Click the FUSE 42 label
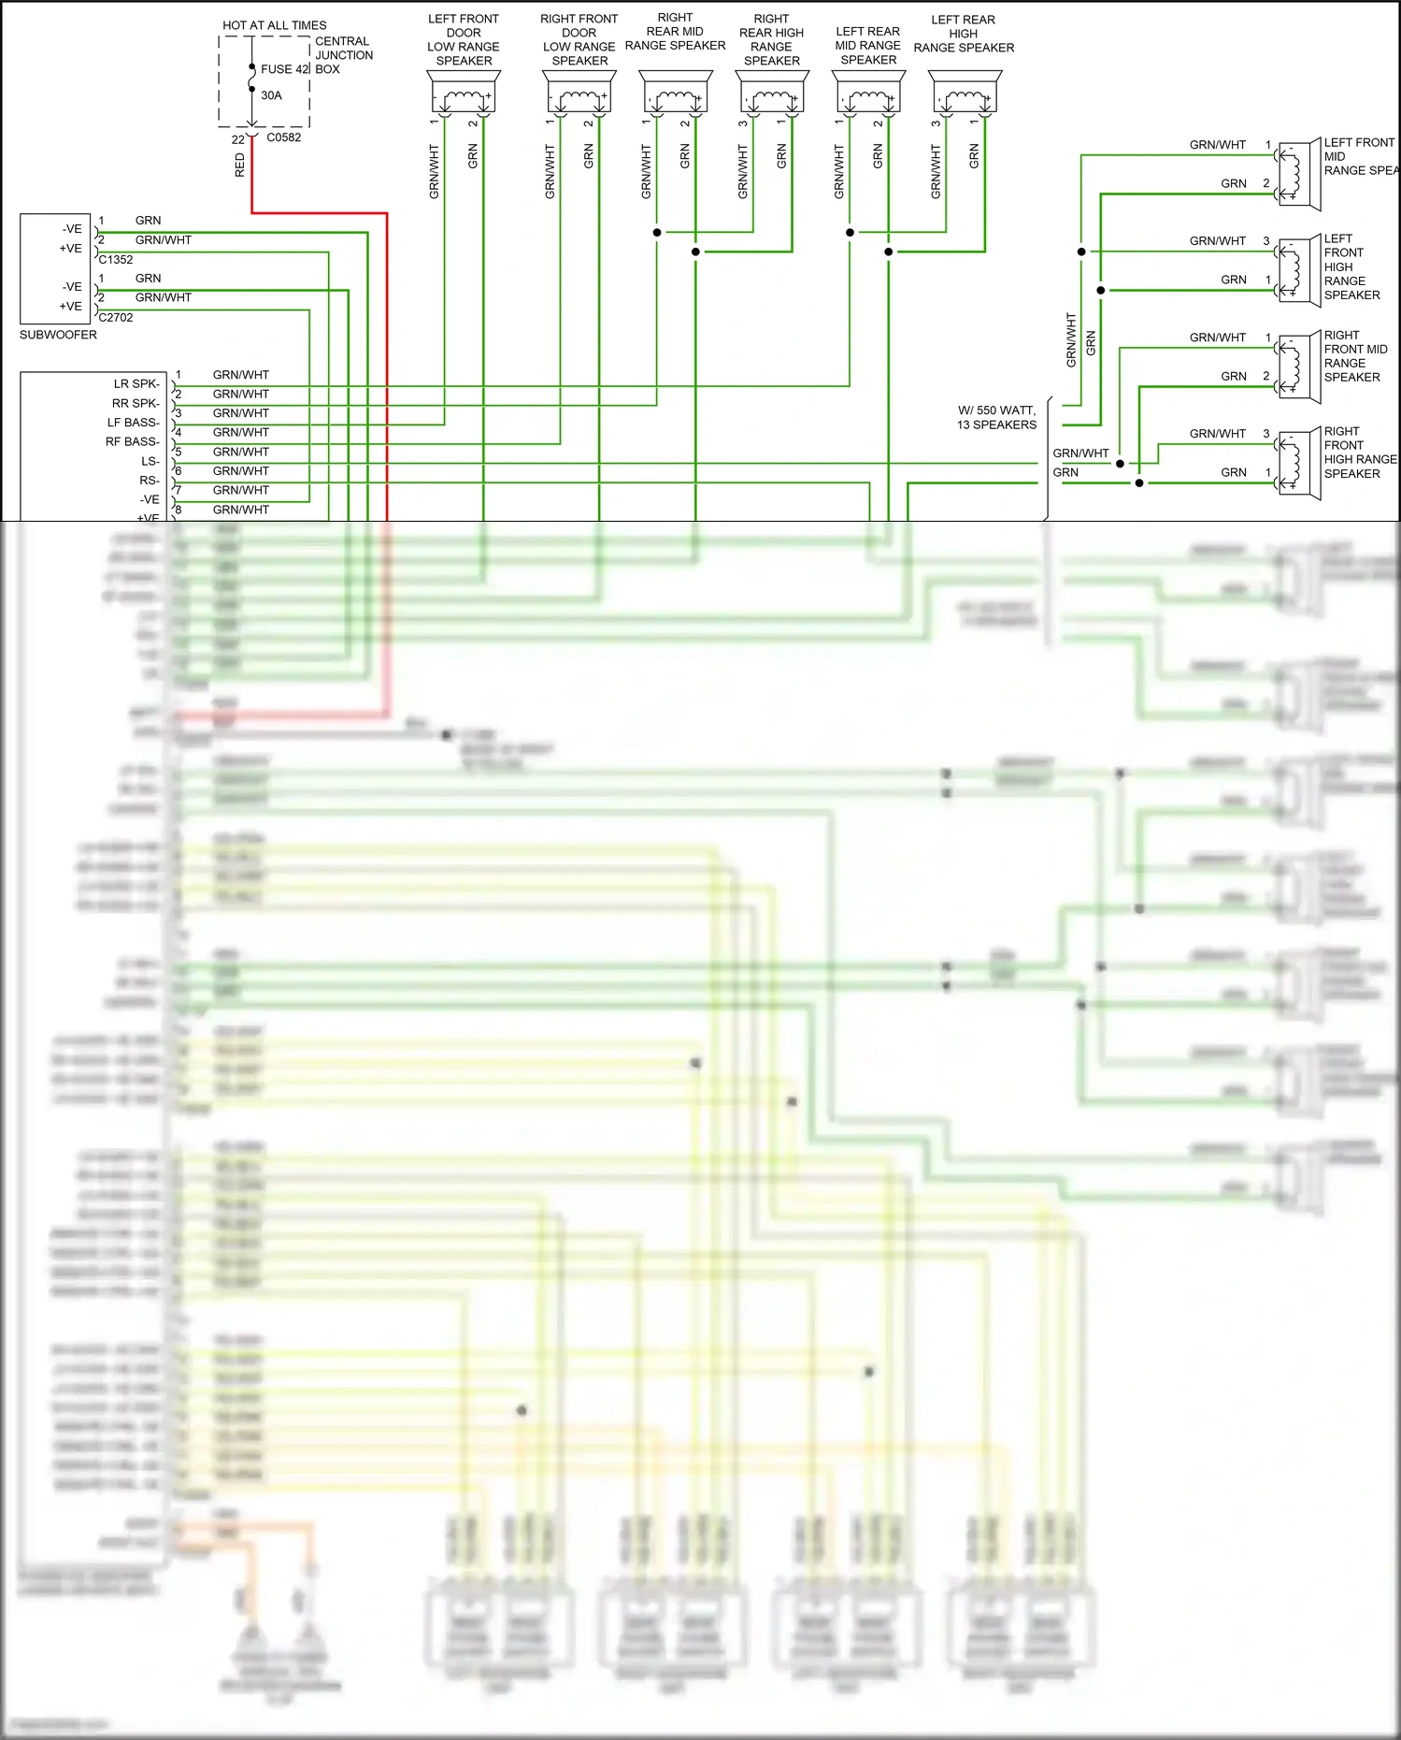tap(284, 69)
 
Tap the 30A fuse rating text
tap(271, 95)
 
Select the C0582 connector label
tap(284, 137)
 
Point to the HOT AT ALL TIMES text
tap(275, 25)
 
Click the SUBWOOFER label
tap(58, 335)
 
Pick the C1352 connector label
tap(116, 260)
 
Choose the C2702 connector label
tap(116, 318)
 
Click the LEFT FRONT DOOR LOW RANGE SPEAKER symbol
tap(464, 93)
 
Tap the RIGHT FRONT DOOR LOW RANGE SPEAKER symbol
tap(579, 93)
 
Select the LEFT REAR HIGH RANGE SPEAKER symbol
tap(965, 93)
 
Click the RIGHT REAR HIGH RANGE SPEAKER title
tap(771, 39)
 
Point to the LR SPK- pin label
tap(136, 384)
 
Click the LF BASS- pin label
tap(133, 423)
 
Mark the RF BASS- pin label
tap(132, 442)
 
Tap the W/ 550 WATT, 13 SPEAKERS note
tap(996, 418)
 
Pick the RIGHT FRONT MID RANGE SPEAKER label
tap(1355, 356)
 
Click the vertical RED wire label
tap(240, 165)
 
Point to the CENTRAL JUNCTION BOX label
tap(343, 55)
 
